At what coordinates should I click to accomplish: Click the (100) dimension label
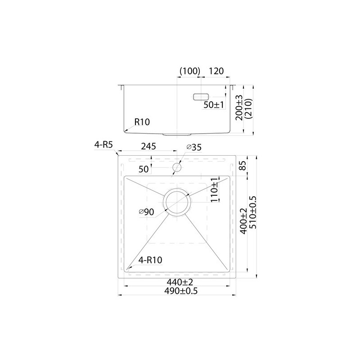(190, 71)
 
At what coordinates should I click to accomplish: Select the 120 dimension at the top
(216, 71)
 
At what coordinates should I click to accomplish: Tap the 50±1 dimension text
(213, 105)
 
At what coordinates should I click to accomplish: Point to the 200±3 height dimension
(239, 108)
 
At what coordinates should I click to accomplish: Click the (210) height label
(248, 108)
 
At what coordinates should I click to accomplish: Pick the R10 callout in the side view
(142, 122)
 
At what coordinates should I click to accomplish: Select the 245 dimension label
(148, 146)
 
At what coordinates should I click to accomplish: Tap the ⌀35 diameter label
(194, 147)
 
